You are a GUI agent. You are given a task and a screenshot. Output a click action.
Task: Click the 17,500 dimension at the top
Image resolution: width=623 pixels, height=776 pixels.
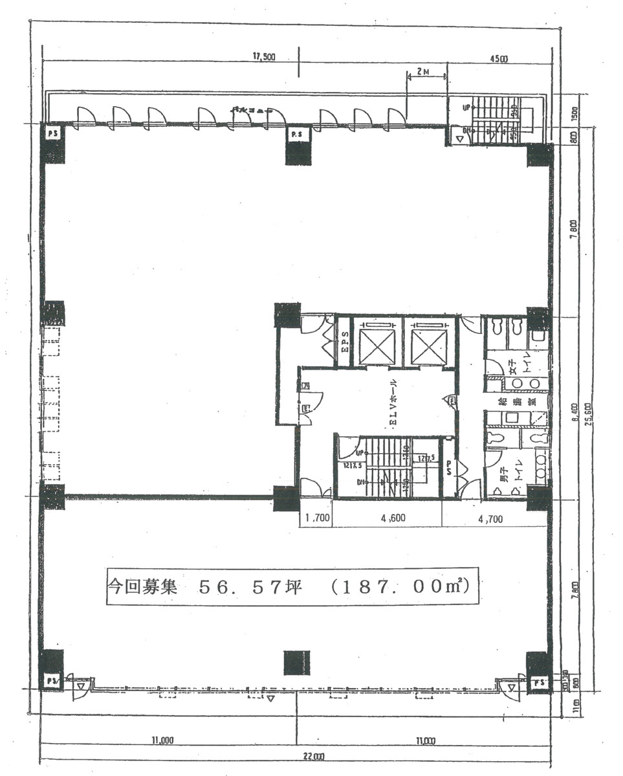pyautogui.click(x=263, y=57)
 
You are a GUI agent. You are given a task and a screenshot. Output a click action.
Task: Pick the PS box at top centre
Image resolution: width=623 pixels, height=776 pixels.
pyautogui.click(x=298, y=134)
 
